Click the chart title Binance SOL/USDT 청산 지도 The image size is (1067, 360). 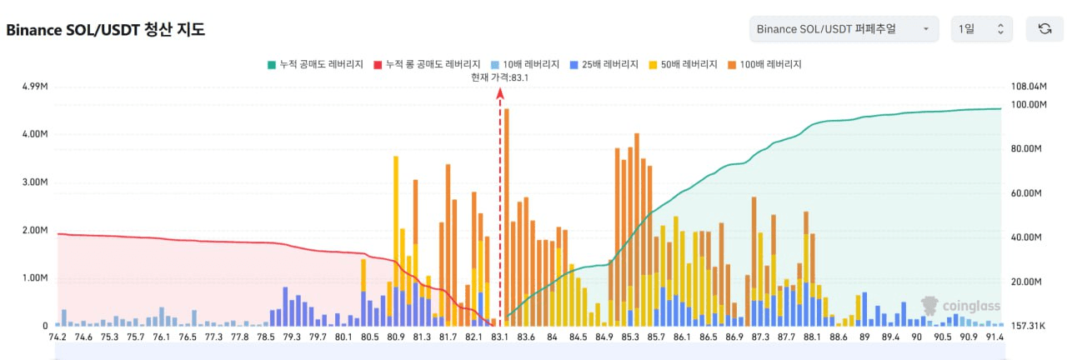tap(106, 30)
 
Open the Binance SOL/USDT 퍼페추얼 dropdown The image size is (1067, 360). tap(844, 29)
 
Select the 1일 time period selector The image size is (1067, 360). tap(981, 29)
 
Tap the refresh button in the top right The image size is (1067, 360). tap(1044, 29)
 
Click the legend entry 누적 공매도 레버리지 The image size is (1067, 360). tap(314, 64)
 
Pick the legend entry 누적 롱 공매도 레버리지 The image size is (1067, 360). tap(426, 64)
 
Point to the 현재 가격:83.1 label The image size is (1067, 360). tap(500, 77)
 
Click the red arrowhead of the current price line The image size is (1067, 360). tap(500, 93)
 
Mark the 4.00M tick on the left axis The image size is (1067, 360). tap(34, 134)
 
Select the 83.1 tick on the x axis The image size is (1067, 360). tap(500, 337)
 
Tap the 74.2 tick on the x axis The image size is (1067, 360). tap(58, 337)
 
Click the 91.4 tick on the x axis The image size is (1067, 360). tap(994, 337)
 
